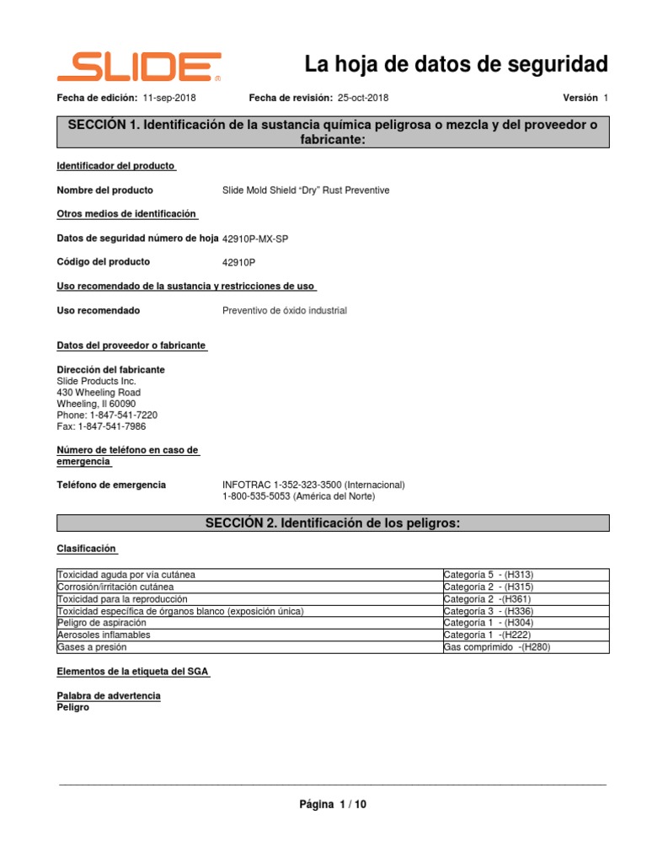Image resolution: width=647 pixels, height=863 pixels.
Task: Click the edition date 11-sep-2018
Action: click(169, 98)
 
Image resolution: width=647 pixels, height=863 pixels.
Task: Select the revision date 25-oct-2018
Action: click(363, 98)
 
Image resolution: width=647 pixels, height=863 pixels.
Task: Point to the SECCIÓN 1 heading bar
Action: click(333, 132)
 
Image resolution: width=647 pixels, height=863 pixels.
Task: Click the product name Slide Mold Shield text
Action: click(306, 190)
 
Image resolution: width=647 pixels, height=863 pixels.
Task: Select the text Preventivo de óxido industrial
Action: click(284, 310)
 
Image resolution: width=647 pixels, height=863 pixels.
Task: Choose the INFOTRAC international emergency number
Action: click(313, 485)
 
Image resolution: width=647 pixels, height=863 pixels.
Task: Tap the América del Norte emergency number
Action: click(298, 497)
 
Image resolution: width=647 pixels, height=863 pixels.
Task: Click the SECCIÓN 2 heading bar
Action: click(333, 523)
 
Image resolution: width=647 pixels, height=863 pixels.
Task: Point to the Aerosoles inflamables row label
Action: click(104, 635)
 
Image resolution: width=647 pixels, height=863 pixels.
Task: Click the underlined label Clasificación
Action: click(87, 548)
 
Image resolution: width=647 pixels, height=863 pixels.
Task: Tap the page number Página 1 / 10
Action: click(333, 805)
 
